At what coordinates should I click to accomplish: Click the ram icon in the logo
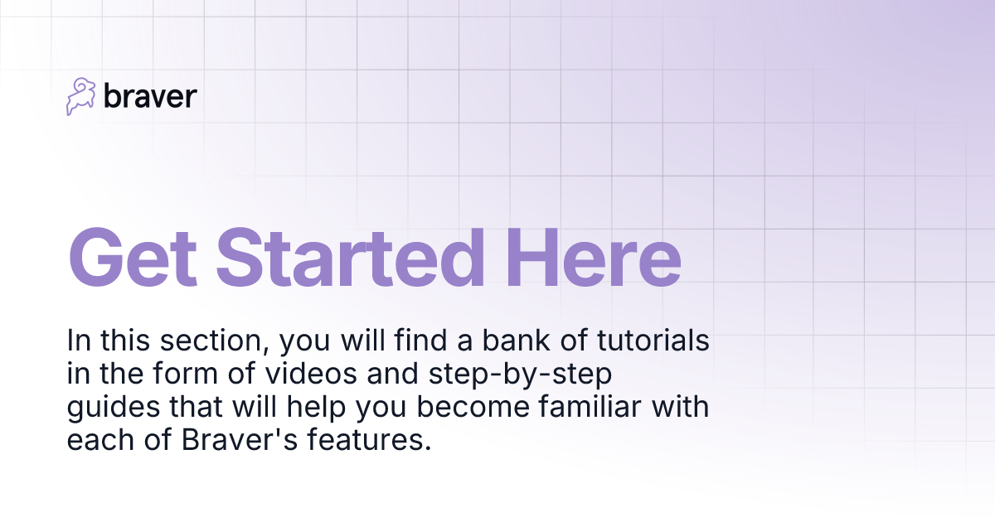81,97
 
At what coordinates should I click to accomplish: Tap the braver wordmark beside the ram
150,97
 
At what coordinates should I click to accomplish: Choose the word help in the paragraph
306,408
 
